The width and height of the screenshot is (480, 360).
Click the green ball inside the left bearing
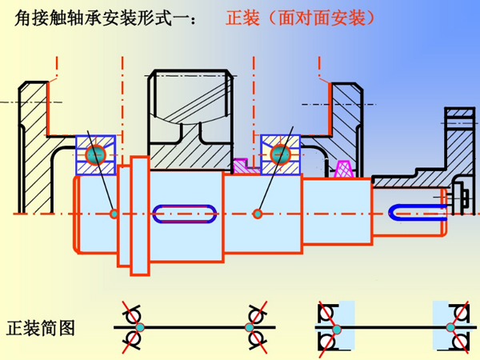pyautogui.click(x=97, y=154)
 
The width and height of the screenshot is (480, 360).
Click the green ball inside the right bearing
pyautogui.click(x=280, y=154)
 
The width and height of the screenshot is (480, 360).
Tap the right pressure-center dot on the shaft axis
pyautogui.click(x=258, y=214)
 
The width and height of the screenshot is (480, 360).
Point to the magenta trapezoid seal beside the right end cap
pyautogui.click(x=345, y=169)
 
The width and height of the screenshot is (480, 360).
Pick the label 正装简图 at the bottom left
pyautogui.click(x=41, y=328)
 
